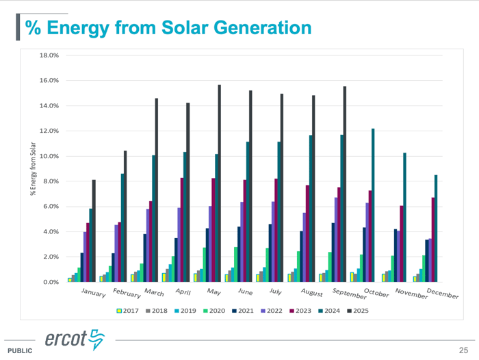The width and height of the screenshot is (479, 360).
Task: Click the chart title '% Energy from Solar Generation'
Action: tap(168, 27)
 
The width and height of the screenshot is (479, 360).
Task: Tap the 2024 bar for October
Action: tap(373, 205)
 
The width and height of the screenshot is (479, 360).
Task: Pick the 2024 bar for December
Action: tap(435, 229)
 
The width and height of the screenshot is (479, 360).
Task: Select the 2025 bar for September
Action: tap(344, 184)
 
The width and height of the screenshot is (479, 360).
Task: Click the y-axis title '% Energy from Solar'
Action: tap(31, 168)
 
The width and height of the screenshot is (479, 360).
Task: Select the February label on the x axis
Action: tap(125, 294)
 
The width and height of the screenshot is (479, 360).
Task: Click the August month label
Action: tap(313, 294)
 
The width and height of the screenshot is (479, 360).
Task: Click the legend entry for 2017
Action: tap(128, 310)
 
